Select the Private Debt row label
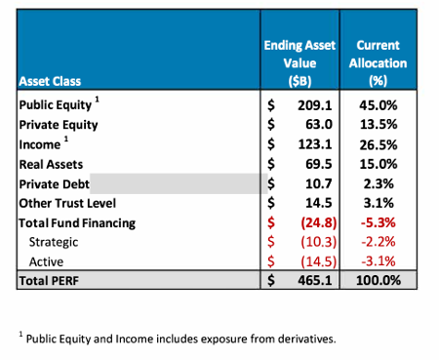[55, 183]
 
